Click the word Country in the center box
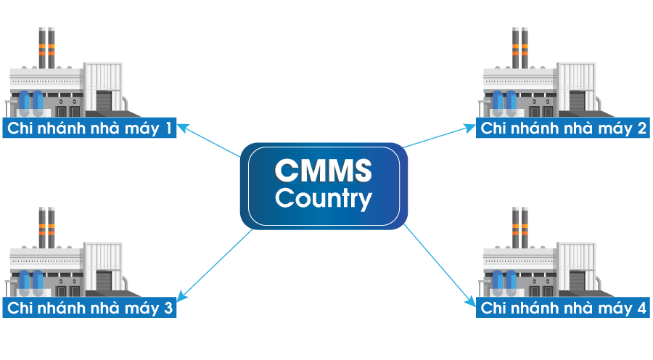(324, 198)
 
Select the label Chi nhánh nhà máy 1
(89, 129)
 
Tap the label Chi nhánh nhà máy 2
(564, 129)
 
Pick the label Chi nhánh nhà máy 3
(89, 308)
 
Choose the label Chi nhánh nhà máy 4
(564, 308)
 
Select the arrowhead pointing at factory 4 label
(471, 300)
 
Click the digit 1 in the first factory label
(169, 129)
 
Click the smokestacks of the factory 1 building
(47, 47)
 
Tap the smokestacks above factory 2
(519, 47)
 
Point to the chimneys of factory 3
(47, 226)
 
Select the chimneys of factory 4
(519, 226)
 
